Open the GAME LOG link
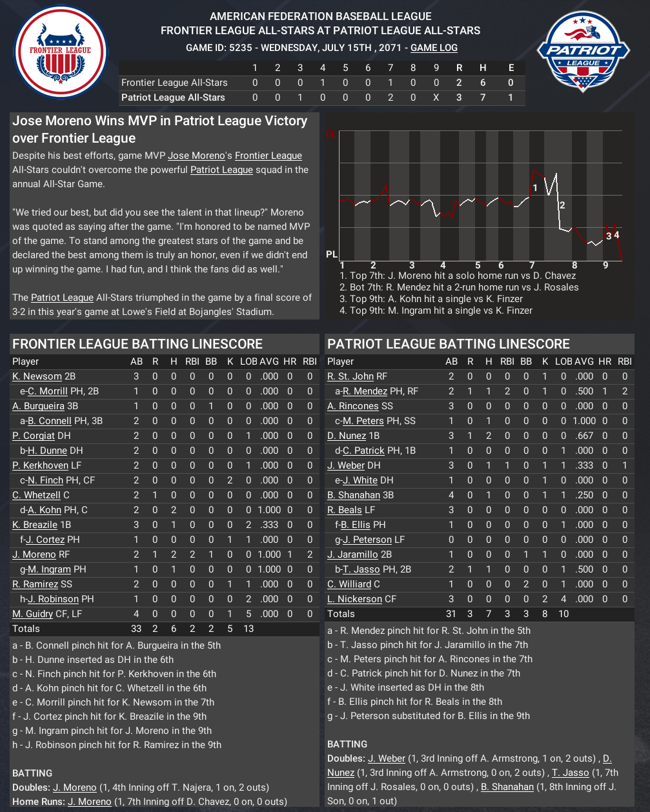pyautogui.click(x=434, y=48)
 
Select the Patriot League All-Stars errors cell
pyautogui.click(x=511, y=97)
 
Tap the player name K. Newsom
pyautogui.click(x=37, y=376)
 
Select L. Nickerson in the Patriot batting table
pyautogui.click(x=354, y=599)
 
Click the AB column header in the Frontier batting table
pyautogui.click(x=136, y=361)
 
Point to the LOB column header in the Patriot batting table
pyautogui.click(x=564, y=361)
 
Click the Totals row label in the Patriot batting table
pyautogui.click(x=341, y=614)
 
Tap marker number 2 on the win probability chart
pyautogui.click(x=562, y=205)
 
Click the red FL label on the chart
pyautogui.click(x=331, y=135)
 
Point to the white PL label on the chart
pyautogui.click(x=331, y=254)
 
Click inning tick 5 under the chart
pyautogui.click(x=478, y=265)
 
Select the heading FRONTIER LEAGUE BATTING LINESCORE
pyautogui.click(x=137, y=344)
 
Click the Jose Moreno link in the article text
pyautogui.click(x=198, y=156)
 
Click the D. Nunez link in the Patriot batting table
pyautogui.click(x=347, y=436)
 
